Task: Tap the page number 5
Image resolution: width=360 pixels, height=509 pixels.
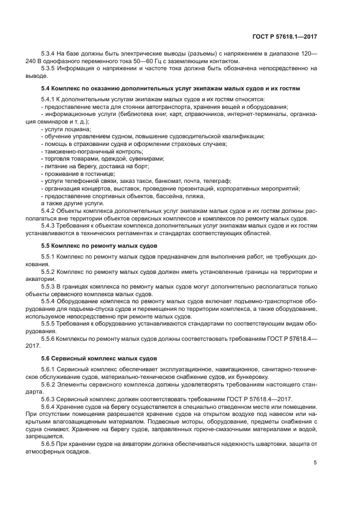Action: (x=315, y=463)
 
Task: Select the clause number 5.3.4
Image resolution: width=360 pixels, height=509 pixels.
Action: (x=49, y=54)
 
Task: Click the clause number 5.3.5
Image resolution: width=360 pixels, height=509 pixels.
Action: (x=49, y=69)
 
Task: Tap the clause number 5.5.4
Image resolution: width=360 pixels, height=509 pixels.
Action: (x=49, y=301)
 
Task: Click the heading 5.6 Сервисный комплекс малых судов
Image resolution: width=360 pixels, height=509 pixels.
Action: (x=100, y=359)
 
